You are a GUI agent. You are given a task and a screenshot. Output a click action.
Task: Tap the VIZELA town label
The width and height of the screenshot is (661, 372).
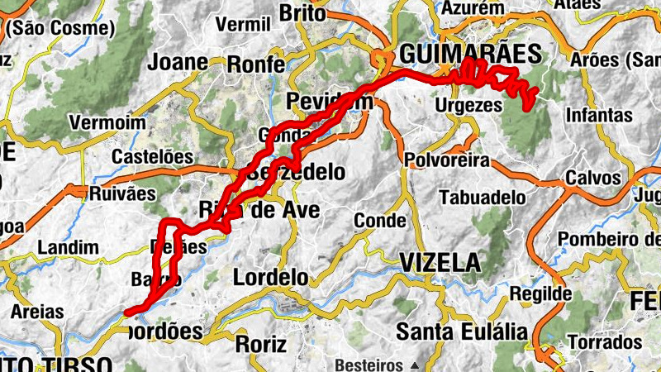(440, 263)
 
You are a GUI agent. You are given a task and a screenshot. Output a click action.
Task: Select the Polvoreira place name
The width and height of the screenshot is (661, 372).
(447, 160)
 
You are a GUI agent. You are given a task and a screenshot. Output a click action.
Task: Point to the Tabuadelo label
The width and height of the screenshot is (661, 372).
(483, 198)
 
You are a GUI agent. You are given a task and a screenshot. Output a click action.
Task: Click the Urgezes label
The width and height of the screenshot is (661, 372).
(468, 106)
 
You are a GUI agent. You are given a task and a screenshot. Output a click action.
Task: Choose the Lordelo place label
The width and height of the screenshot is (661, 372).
(270, 277)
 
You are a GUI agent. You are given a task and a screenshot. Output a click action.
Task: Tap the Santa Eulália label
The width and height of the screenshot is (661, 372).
(461, 332)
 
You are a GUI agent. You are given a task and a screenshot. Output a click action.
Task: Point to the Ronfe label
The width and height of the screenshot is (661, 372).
(255, 64)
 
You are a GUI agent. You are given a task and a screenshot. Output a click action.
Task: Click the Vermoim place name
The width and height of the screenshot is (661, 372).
(101, 122)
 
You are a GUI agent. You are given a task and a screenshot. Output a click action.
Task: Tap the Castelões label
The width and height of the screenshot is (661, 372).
(152, 156)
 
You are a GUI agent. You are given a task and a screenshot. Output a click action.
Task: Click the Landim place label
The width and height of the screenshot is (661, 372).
(69, 247)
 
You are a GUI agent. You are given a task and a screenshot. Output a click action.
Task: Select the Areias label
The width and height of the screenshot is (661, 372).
(36, 312)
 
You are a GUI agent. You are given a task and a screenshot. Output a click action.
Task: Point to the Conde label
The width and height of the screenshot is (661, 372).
(379, 221)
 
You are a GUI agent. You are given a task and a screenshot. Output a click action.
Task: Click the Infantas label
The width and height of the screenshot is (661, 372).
(600, 115)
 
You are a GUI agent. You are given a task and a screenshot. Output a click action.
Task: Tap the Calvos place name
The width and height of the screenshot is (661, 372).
(592, 179)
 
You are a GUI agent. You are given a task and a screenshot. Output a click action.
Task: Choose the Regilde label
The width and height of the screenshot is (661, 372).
(540, 293)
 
